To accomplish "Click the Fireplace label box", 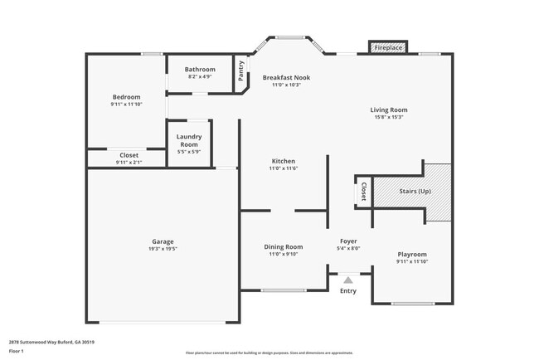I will coord(388,48).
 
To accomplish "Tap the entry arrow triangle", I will coord(348,280).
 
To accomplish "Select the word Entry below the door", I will coord(348,290).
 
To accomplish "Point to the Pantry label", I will coord(241,69).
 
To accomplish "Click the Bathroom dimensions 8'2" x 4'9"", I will coord(200,76).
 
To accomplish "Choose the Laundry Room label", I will coord(189,141).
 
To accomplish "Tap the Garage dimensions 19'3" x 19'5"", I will coord(163,249).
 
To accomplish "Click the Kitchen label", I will coord(283,161).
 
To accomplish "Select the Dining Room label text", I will coord(283,246).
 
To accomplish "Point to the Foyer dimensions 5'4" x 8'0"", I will coord(348,248).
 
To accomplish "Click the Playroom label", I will coord(411,255).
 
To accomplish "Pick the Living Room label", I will coord(388,109).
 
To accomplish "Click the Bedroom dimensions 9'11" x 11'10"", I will coord(126,105).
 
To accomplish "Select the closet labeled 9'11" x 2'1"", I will coord(129,158).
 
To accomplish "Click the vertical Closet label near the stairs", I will coord(363,192).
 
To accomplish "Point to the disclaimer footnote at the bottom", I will coord(269,352).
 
